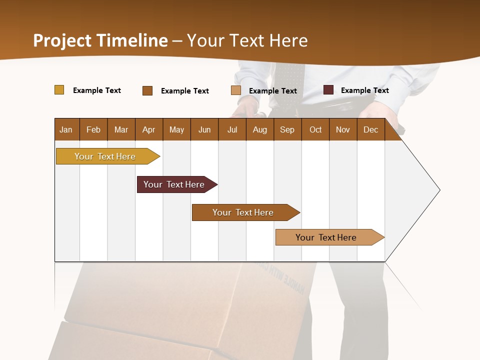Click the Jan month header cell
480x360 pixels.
coord(66,129)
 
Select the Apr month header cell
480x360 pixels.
coord(149,129)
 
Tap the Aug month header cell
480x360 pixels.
coord(259,129)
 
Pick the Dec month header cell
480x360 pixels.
coord(370,129)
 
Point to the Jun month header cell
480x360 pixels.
coord(204,129)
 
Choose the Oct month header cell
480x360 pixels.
coord(315,129)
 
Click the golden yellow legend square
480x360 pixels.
coord(59,90)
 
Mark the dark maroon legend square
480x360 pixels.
coord(328,90)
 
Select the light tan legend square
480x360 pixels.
coord(236,90)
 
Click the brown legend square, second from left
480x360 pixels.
coord(147,90)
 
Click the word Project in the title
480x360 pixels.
coord(62,40)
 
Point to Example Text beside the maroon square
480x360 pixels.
coord(364,90)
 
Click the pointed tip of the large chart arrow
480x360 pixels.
coord(439,190)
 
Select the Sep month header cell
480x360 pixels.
coord(287,129)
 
